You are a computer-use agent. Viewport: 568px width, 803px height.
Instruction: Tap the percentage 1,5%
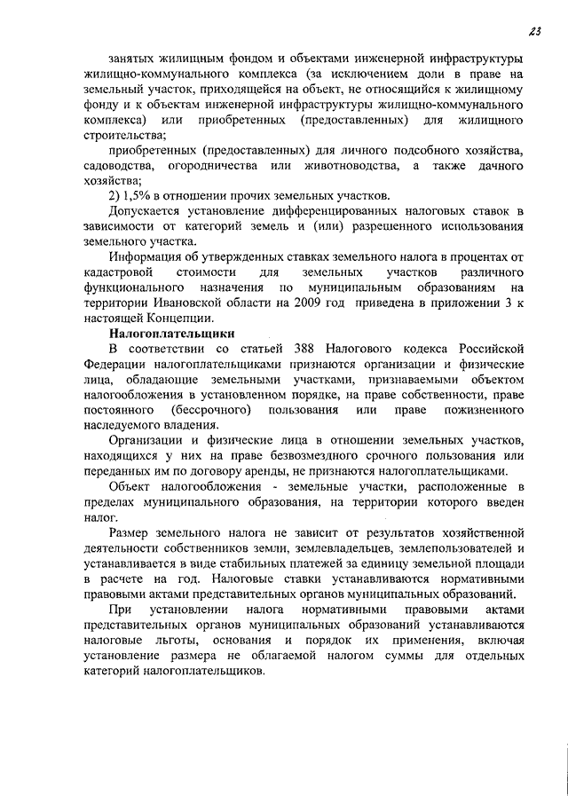point(139,196)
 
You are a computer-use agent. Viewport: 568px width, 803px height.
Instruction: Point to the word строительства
point(117,136)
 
